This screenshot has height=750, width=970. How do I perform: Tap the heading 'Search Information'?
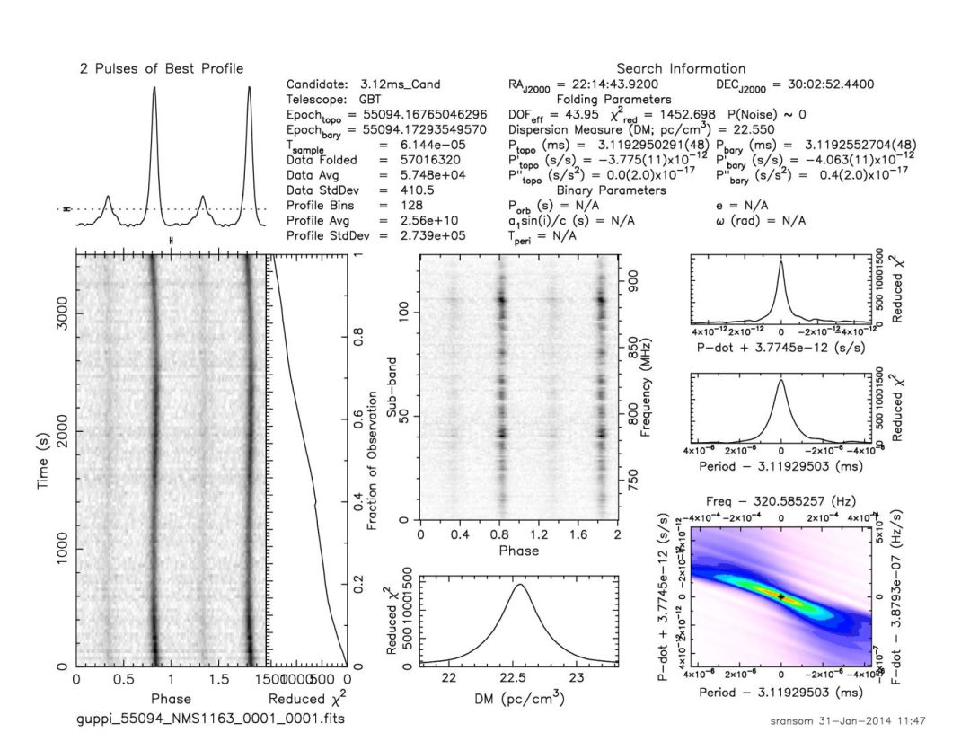click(681, 68)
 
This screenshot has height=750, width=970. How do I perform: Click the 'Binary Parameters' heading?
click(611, 190)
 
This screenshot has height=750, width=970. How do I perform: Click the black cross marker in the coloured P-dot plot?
click(781, 596)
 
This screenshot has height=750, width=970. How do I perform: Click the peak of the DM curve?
click(518, 585)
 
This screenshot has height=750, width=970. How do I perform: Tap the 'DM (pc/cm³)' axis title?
click(518, 698)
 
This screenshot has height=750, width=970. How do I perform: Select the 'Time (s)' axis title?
click(42, 459)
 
